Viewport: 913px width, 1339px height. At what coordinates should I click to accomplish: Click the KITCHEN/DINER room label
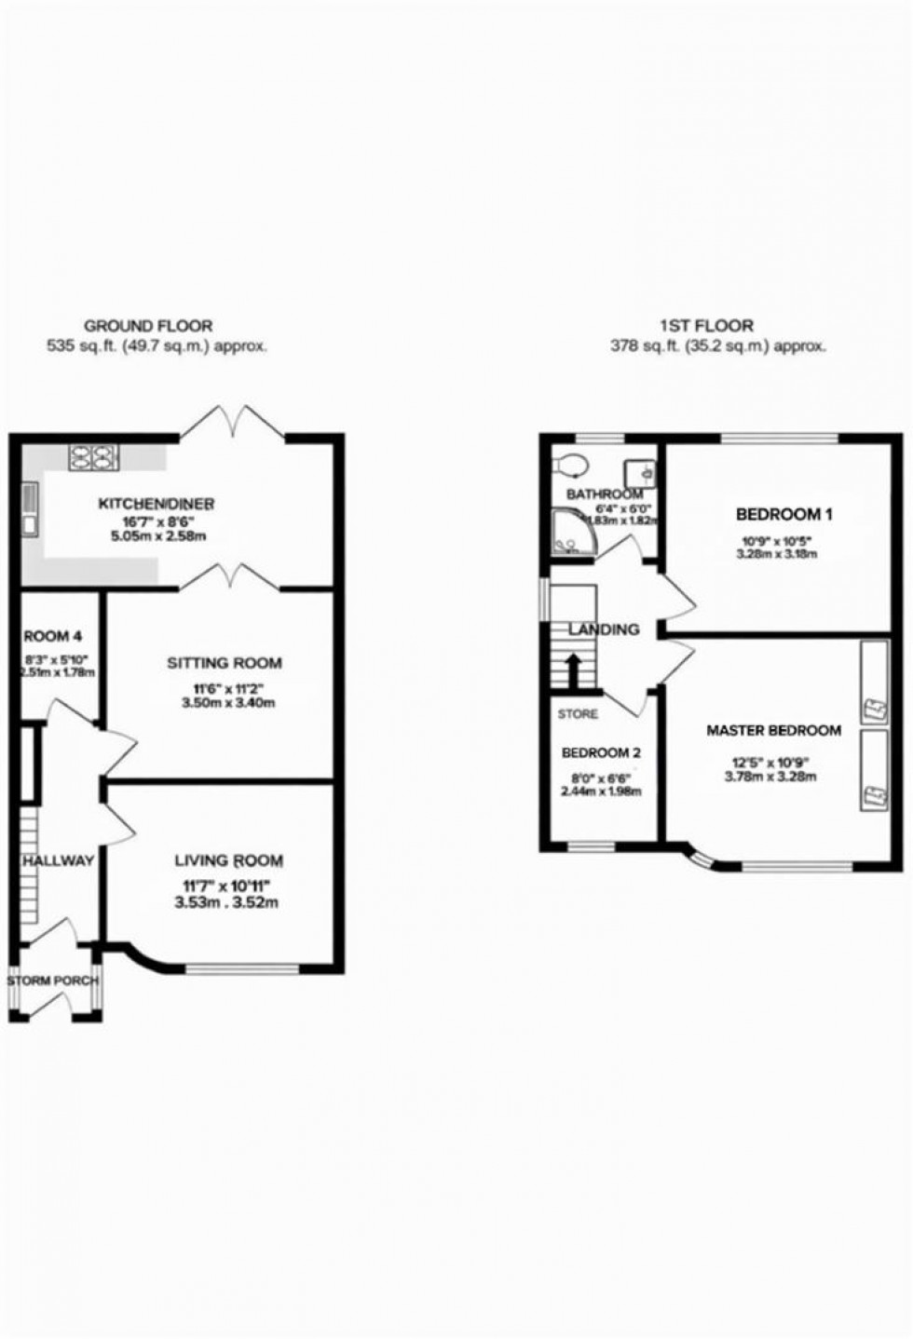click(x=157, y=504)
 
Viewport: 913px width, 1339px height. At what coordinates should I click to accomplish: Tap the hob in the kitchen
click(x=93, y=456)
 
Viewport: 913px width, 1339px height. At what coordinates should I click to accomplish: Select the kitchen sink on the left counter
click(x=31, y=509)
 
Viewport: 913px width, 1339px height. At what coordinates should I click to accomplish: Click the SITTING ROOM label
click(x=224, y=663)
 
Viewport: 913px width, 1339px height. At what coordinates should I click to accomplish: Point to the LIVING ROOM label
click(x=229, y=860)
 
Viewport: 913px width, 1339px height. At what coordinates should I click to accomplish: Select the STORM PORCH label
click(x=52, y=981)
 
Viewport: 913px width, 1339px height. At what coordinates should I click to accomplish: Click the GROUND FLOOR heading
click(x=148, y=326)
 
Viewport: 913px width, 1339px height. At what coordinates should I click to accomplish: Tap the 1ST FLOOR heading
click(x=707, y=326)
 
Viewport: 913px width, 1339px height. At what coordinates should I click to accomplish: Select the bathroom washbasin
click(x=640, y=471)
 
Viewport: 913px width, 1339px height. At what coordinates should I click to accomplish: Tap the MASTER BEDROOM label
click(x=773, y=731)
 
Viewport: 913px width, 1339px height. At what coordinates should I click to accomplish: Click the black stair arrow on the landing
click(x=573, y=668)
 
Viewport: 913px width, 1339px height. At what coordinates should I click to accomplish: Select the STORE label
click(x=578, y=714)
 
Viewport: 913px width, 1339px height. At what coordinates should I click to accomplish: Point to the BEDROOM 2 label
click(x=601, y=752)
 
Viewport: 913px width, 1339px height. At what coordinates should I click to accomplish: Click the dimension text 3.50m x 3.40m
click(x=228, y=703)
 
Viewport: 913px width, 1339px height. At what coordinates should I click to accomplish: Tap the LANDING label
click(x=604, y=629)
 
